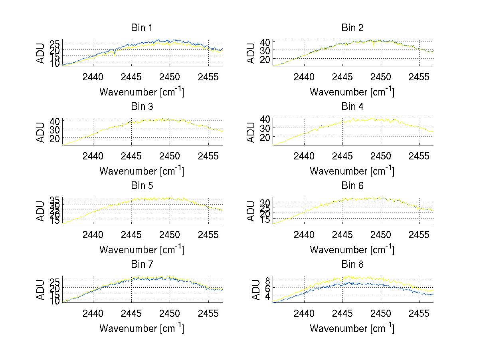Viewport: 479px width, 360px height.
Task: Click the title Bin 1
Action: point(142,28)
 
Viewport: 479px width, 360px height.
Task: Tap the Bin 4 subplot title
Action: point(352,107)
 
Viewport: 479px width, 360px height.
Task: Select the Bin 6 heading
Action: point(352,185)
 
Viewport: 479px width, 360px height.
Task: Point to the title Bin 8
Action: point(352,264)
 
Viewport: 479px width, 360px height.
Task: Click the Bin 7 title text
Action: point(142,264)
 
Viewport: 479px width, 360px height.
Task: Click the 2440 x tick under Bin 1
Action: point(93,77)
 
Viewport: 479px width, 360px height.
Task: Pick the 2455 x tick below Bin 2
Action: point(419,77)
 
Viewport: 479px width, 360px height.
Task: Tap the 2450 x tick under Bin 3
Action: point(170,155)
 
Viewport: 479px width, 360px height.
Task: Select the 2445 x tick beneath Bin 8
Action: point(342,313)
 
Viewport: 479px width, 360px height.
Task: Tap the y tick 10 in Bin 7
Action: point(54,301)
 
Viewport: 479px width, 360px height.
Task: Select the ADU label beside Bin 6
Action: point(251,211)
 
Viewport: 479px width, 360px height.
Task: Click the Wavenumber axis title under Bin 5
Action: point(142,250)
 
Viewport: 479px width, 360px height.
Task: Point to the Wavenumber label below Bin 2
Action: point(352,92)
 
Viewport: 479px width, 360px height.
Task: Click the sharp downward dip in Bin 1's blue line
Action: point(115,54)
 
